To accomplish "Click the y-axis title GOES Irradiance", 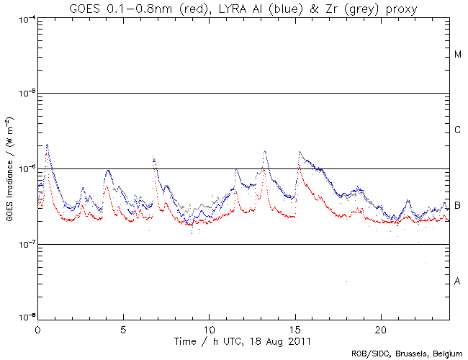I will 9,168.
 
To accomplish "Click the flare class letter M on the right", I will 458,55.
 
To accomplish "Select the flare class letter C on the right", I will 458,130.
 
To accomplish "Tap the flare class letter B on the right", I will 458,206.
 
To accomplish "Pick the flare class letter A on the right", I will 458,282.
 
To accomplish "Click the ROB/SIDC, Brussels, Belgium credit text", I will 407,354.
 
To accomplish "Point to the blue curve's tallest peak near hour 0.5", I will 47,145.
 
